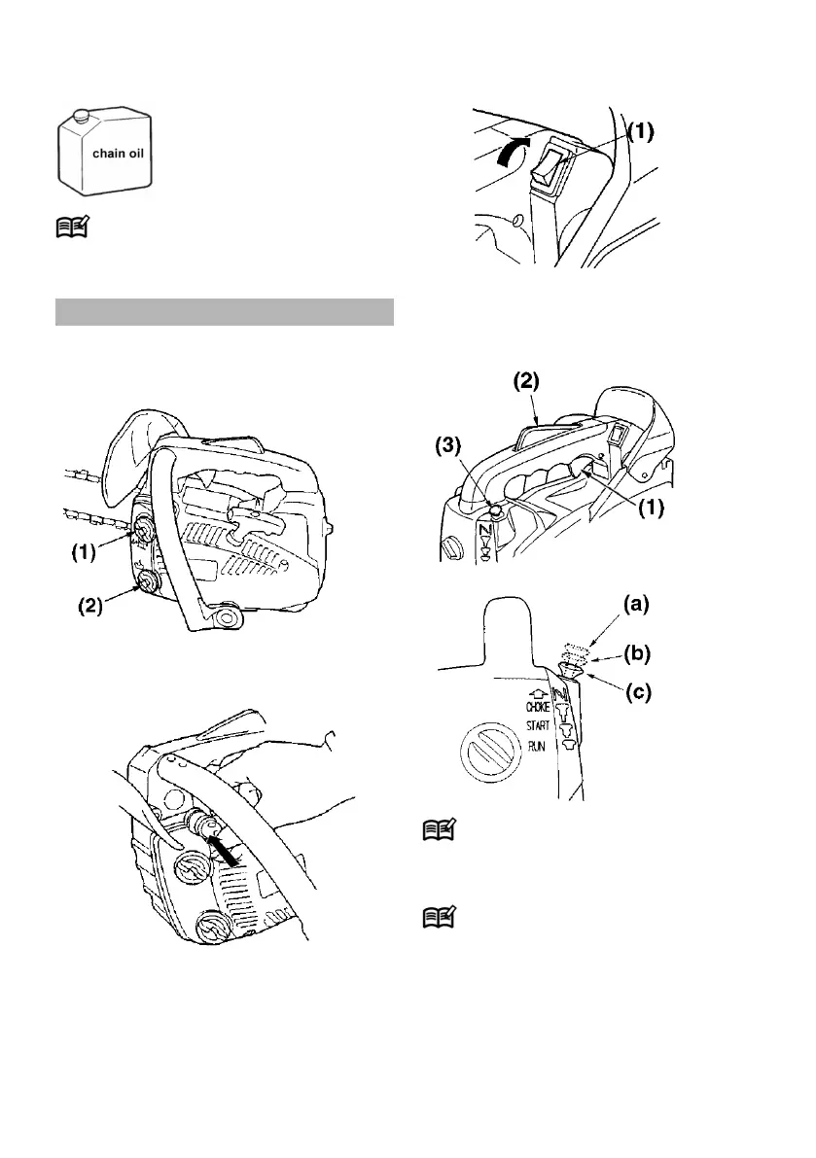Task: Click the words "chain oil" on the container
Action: (118, 154)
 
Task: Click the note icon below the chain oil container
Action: (72, 226)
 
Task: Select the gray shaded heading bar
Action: (225, 312)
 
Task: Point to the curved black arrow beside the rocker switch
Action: (514, 150)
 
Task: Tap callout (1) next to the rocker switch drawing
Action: (641, 131)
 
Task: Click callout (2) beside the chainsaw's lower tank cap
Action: (90, 607)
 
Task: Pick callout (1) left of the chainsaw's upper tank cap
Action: (84, 553)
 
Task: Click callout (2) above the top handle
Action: (526, 381)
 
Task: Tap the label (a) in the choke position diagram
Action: (636, 604)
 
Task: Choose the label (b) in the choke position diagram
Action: (637, 653)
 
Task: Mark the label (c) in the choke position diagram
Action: (637, 692)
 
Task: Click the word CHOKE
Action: (538, 708)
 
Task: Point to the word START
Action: (538, 726)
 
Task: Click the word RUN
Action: (536, 747)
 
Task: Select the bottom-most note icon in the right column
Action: (439, 917)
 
